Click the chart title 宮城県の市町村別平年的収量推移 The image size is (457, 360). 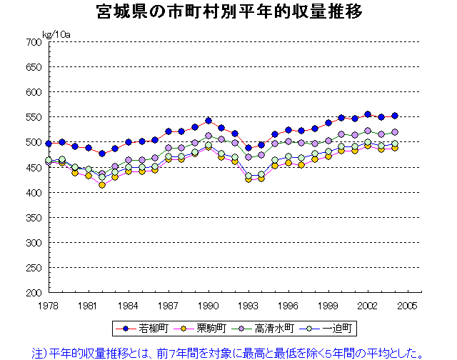[228, 12]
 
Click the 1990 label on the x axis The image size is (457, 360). [208, 305]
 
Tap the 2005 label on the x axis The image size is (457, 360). [407, 305]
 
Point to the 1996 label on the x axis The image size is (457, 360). [288, 305]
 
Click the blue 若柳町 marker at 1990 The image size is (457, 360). [208, 121]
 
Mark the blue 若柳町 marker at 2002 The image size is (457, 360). [368, 114]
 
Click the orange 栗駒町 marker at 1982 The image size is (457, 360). [102, 185]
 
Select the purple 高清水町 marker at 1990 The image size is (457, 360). [208, 136]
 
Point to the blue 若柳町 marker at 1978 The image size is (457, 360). [49, 144]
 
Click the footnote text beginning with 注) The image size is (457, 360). [228, 351]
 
